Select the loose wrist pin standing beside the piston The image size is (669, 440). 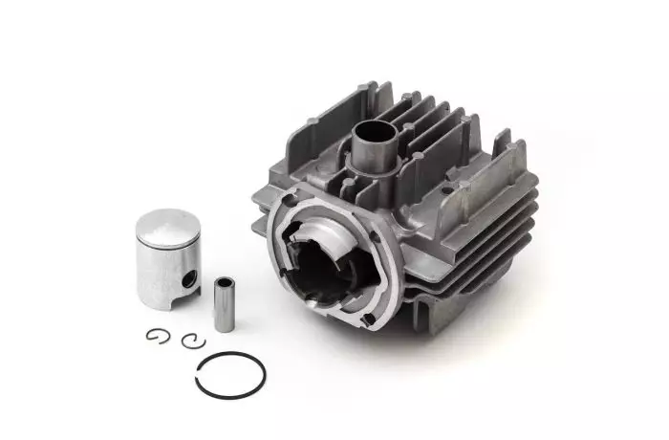[x=224, y=304]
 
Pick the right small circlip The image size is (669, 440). [x=193, y=339]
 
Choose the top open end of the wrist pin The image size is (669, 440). [x=224, y=282]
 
